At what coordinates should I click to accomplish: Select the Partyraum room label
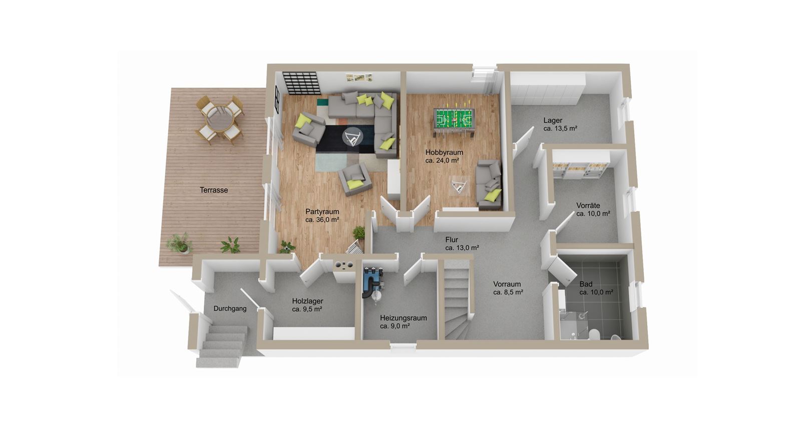tap(322, 215)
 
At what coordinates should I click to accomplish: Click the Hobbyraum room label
tap(444, 156)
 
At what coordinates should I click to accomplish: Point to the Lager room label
tap(560, 125)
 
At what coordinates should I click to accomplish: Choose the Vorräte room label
tap(593, 209)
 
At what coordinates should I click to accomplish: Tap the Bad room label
tap(596, 288)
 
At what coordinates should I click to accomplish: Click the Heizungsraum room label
tap(404, 322)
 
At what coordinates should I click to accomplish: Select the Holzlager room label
tap(307, 305)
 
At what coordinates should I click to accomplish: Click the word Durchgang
tap(230, 309)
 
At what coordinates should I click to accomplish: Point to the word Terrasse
tap(214, 190)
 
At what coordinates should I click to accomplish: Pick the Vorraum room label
tap(508, 288)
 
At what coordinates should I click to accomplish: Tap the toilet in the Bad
tap(593, 334)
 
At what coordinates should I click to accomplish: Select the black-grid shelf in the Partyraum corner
tap(301, 83)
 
